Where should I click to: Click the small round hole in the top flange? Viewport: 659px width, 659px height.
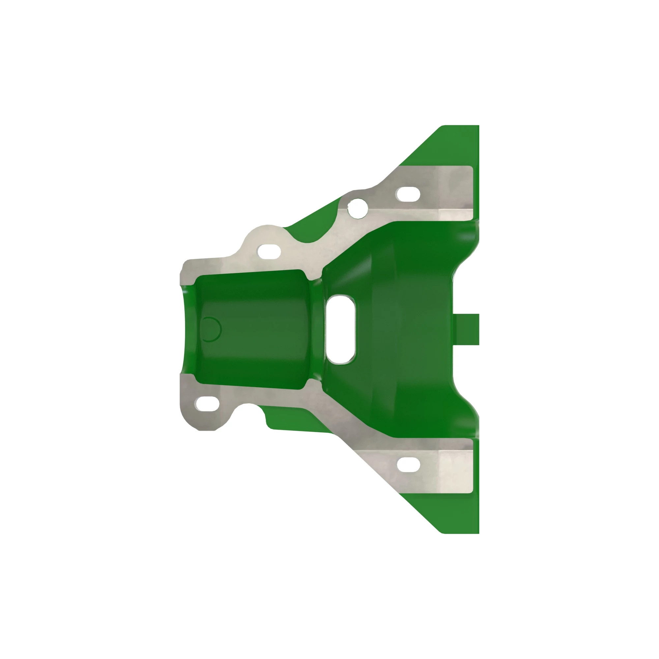357,208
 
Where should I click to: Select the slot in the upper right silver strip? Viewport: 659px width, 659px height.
408,194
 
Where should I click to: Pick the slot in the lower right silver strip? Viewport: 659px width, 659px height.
409,465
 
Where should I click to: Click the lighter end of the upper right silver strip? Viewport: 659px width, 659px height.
455,193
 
